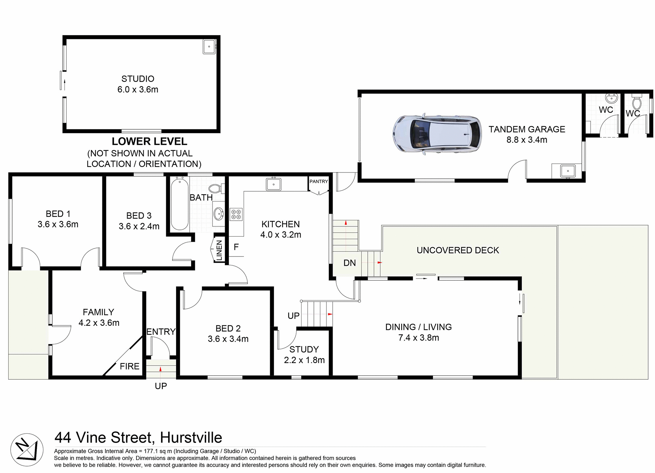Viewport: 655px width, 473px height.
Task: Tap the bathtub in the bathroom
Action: (x=180, y=204)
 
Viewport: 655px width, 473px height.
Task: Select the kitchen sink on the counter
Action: (x=274, y=184)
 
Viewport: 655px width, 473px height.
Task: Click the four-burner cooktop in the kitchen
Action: (x=236, y=214)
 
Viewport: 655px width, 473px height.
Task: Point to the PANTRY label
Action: (x=319, y=181)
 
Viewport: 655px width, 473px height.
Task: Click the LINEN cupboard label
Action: (x=219, y=250)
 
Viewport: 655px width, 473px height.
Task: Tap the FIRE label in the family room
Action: (x=130, y=366)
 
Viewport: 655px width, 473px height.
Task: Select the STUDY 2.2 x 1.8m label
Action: (x=304, y=354)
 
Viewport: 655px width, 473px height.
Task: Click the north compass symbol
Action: (x=27, y=450)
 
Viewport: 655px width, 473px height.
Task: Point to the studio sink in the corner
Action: (x=209, y=46)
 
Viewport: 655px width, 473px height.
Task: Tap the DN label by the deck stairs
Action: (x=349, y=263)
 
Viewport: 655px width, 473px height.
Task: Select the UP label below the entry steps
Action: (x=161, y=386)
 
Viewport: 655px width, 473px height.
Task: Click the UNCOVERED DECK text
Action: (x=457, y=250)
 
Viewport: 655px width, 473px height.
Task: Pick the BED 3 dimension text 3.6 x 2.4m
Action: (x=139, y=226)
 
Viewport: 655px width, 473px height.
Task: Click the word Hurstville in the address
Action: (x=191, y=437)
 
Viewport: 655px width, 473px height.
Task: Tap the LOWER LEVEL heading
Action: (x=149, y=141)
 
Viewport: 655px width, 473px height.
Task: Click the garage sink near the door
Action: (x=568, y=170)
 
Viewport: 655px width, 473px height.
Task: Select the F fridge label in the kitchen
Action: (x=236, y=247)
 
